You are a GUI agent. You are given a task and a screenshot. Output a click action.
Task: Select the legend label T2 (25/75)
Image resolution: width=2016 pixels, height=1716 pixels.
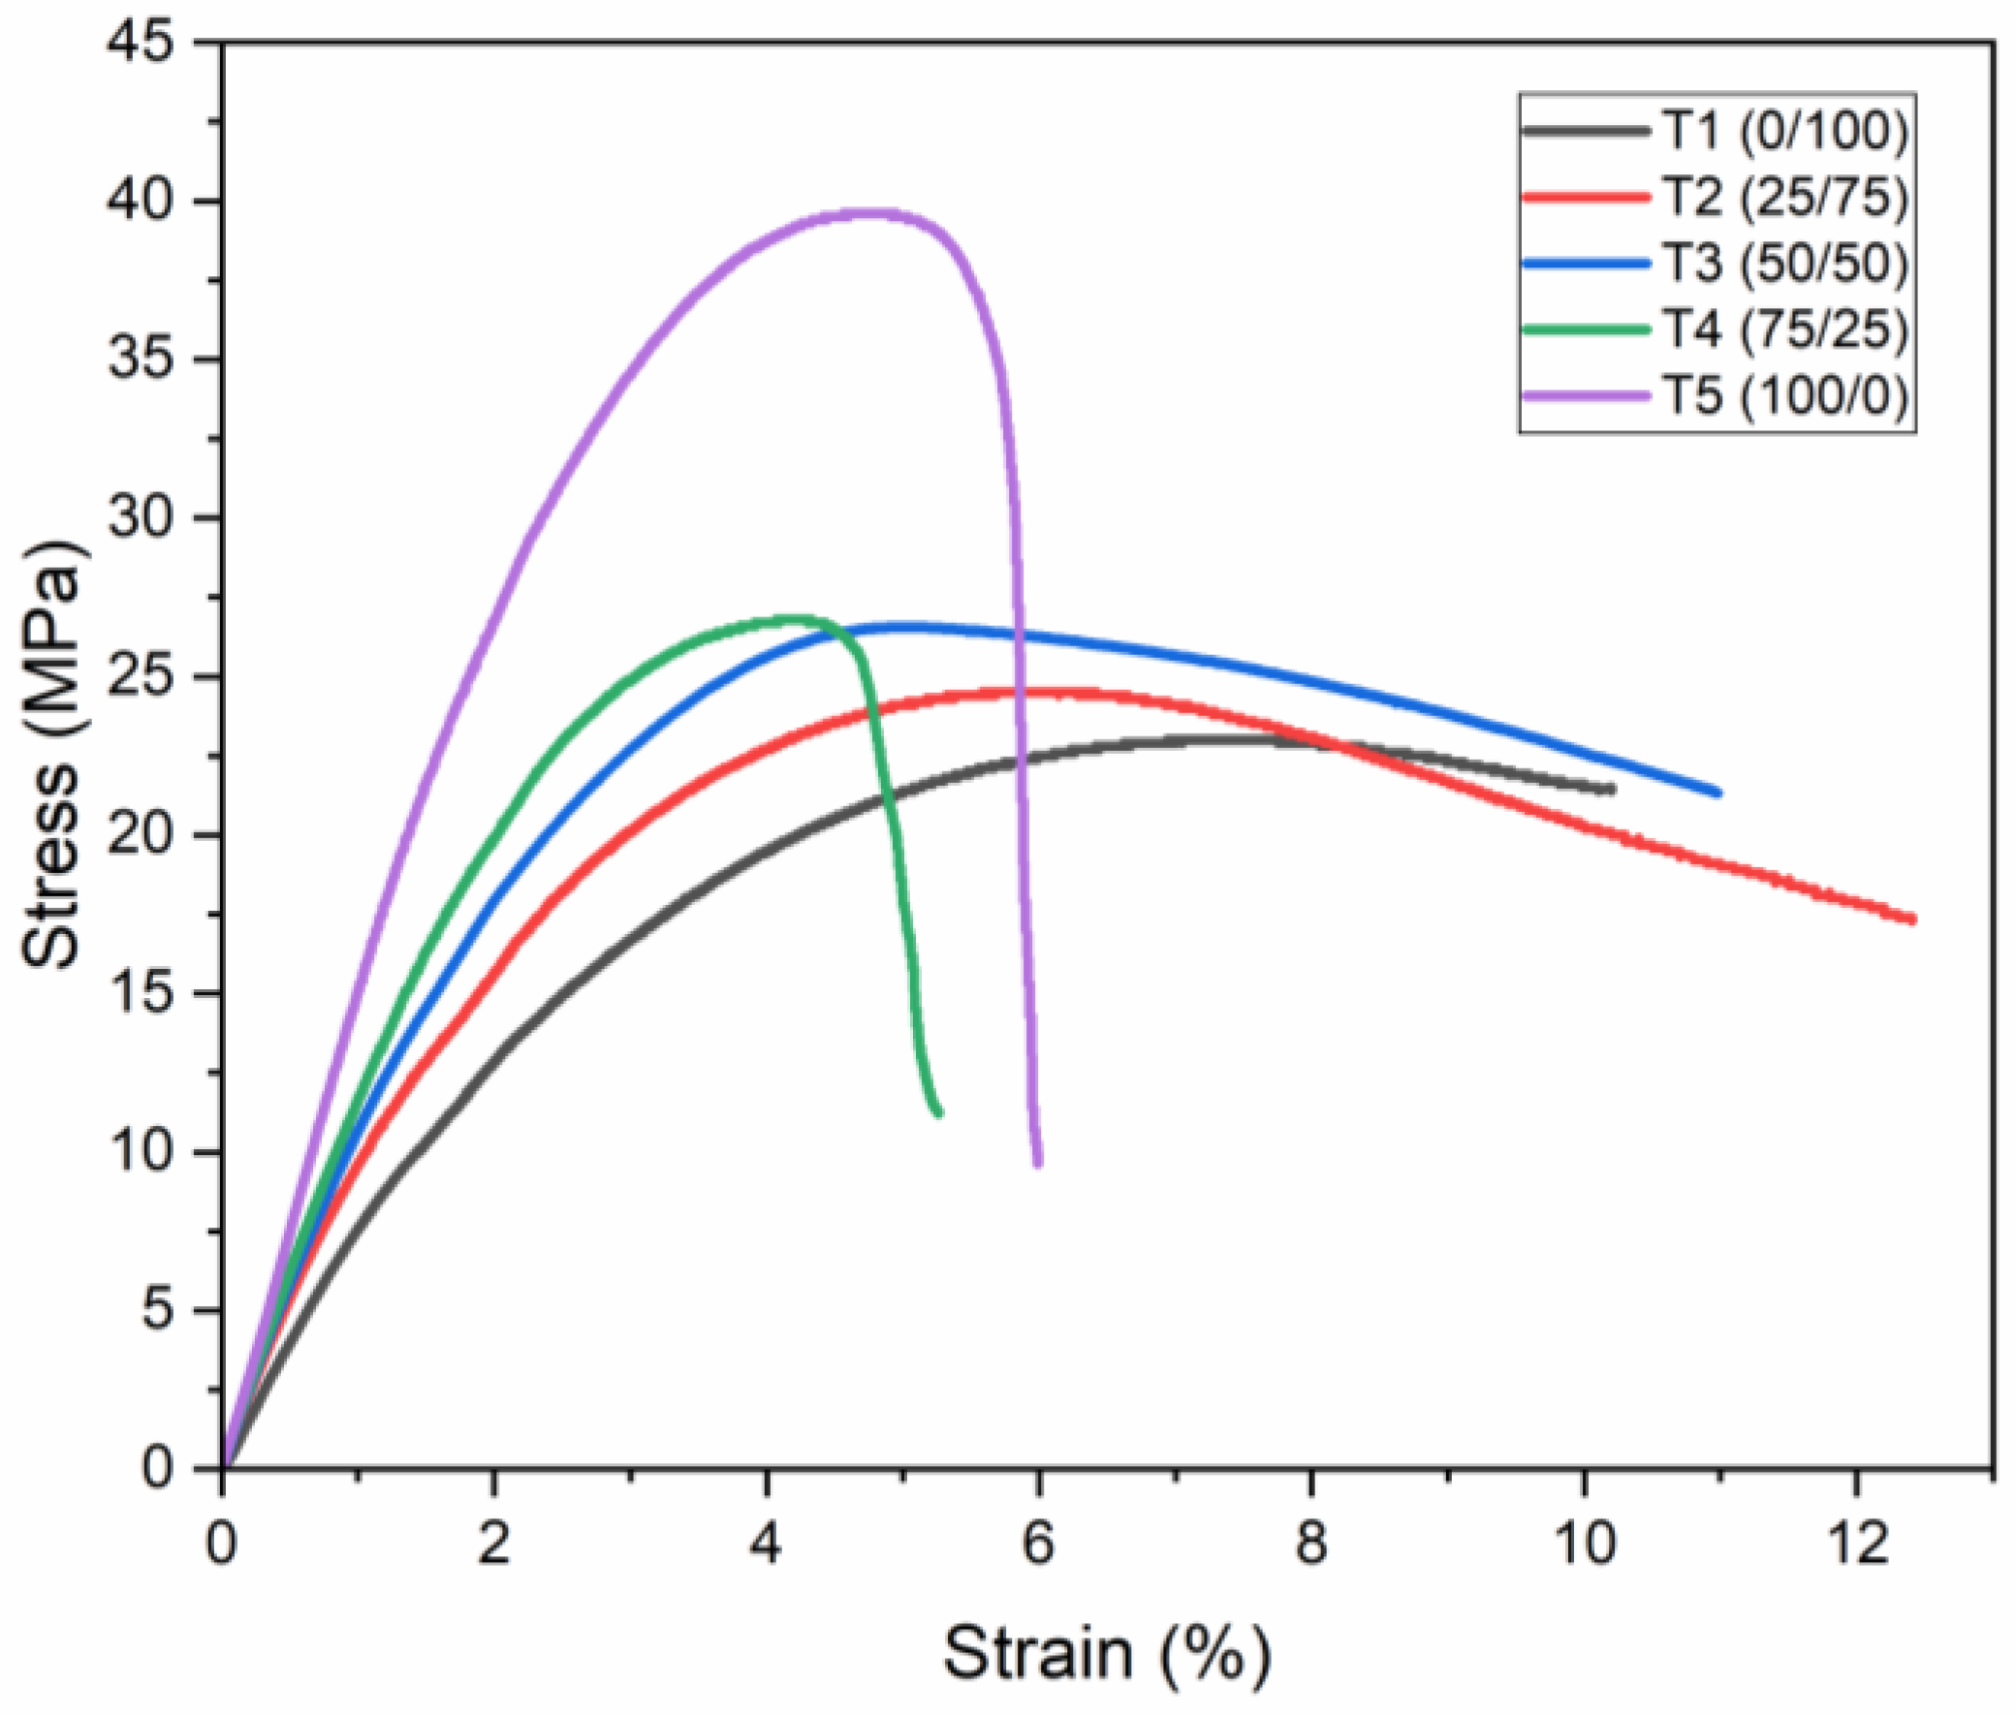(x=1784, y=197)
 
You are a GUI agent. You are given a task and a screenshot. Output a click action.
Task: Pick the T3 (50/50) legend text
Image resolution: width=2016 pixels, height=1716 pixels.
(x=1784, y=263)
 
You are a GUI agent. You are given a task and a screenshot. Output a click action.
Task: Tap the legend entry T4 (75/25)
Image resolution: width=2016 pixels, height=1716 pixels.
(x=1784, y=328)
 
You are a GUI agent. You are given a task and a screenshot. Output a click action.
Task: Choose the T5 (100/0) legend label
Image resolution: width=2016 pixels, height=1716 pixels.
(x=1784, y=395)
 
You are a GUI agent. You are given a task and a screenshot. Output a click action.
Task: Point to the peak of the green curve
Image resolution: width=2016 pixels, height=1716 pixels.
(x=798, y=619)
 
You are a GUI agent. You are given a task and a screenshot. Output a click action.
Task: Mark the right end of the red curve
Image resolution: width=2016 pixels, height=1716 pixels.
(x=1912, y=919)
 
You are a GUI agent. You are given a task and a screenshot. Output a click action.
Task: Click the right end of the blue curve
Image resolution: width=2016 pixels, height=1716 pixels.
(x=1717, y=793)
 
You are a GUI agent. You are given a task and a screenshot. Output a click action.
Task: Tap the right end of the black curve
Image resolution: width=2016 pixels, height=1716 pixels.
(x=1610, y=789)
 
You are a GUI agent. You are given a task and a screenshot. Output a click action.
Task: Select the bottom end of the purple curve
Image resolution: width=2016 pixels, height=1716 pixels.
(x=1038, y=1162)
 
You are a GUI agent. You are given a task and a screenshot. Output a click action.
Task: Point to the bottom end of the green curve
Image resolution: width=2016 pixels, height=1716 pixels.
(x=938, y=1113)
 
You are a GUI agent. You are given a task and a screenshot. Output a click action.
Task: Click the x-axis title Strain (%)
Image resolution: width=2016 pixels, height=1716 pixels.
(x=1106, y=1653)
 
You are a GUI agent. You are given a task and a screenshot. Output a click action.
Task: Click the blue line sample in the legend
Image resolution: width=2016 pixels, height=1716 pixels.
(x=1586, y=263)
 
